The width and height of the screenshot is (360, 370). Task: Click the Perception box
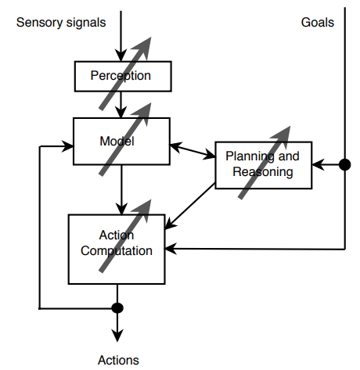click(121, 76)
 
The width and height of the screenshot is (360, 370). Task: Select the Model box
click(121, 142)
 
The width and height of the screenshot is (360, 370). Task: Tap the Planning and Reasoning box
click(263, 165)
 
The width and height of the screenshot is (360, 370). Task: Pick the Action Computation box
click(117, 250)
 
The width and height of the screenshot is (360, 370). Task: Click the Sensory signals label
click(60, 23)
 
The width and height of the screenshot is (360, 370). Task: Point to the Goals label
click(317, 23)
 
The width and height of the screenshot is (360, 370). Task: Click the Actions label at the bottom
click(118, 360)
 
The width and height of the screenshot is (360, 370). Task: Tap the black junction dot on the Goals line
click(344, 165)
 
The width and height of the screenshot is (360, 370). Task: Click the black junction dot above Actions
click(118, 308)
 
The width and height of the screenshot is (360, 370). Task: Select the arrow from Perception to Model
click(119, 104)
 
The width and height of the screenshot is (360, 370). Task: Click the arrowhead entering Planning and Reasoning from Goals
click(317, 165)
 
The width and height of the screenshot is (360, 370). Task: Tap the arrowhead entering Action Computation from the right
click(172, 250)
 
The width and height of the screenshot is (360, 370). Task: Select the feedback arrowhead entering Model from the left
click(68, 145)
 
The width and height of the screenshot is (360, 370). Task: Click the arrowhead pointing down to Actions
click(118, 336)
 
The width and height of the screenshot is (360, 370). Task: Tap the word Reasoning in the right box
click(263, 172)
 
